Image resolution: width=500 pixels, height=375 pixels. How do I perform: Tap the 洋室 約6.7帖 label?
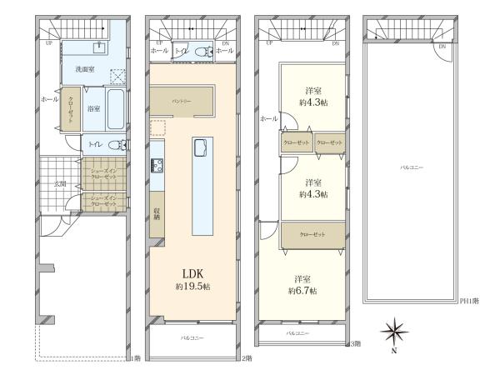click(302, 285)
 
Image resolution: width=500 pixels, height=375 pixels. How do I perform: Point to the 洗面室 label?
click(83, 68)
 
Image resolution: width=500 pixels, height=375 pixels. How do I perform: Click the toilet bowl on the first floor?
click(122, 145)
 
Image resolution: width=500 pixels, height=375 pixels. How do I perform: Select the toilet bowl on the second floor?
click(200, 52)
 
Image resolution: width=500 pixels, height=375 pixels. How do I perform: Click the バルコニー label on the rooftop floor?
click(412, 168)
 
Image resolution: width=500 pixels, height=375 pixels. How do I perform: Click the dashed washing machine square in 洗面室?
click(117, 74)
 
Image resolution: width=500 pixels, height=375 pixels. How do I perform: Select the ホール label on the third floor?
click(268, 119)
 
